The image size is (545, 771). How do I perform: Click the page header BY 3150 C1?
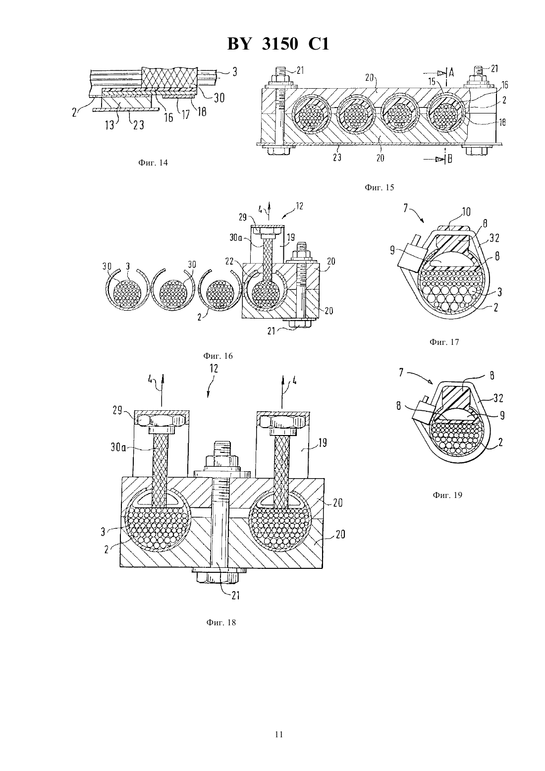click(x=278, y=44)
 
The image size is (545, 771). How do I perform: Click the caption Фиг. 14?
click(x=153, y=163)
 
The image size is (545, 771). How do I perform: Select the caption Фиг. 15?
click(x=379, y=188)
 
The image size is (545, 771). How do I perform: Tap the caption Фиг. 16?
click(x=218, y=356)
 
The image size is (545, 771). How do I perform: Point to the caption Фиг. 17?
click(x=444, y=342)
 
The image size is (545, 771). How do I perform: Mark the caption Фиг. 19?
click(x=447, y=496)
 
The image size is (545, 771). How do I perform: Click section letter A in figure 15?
click(x=451, y=72)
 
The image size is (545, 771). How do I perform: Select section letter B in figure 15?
click(x=450, y=159)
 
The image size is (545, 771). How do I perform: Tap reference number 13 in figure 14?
click(x=110, y=124)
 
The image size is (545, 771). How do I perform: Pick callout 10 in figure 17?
click(x=466, y=212)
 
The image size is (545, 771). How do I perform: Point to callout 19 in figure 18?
click(x=322, y=442)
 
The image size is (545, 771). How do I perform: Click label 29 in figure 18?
click(x=118, y=410)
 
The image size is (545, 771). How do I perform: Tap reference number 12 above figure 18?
click(x=214, y=368)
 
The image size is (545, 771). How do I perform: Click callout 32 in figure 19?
click(x=498, y=398)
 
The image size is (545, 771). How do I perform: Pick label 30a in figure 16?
click(x=236, y=237)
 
